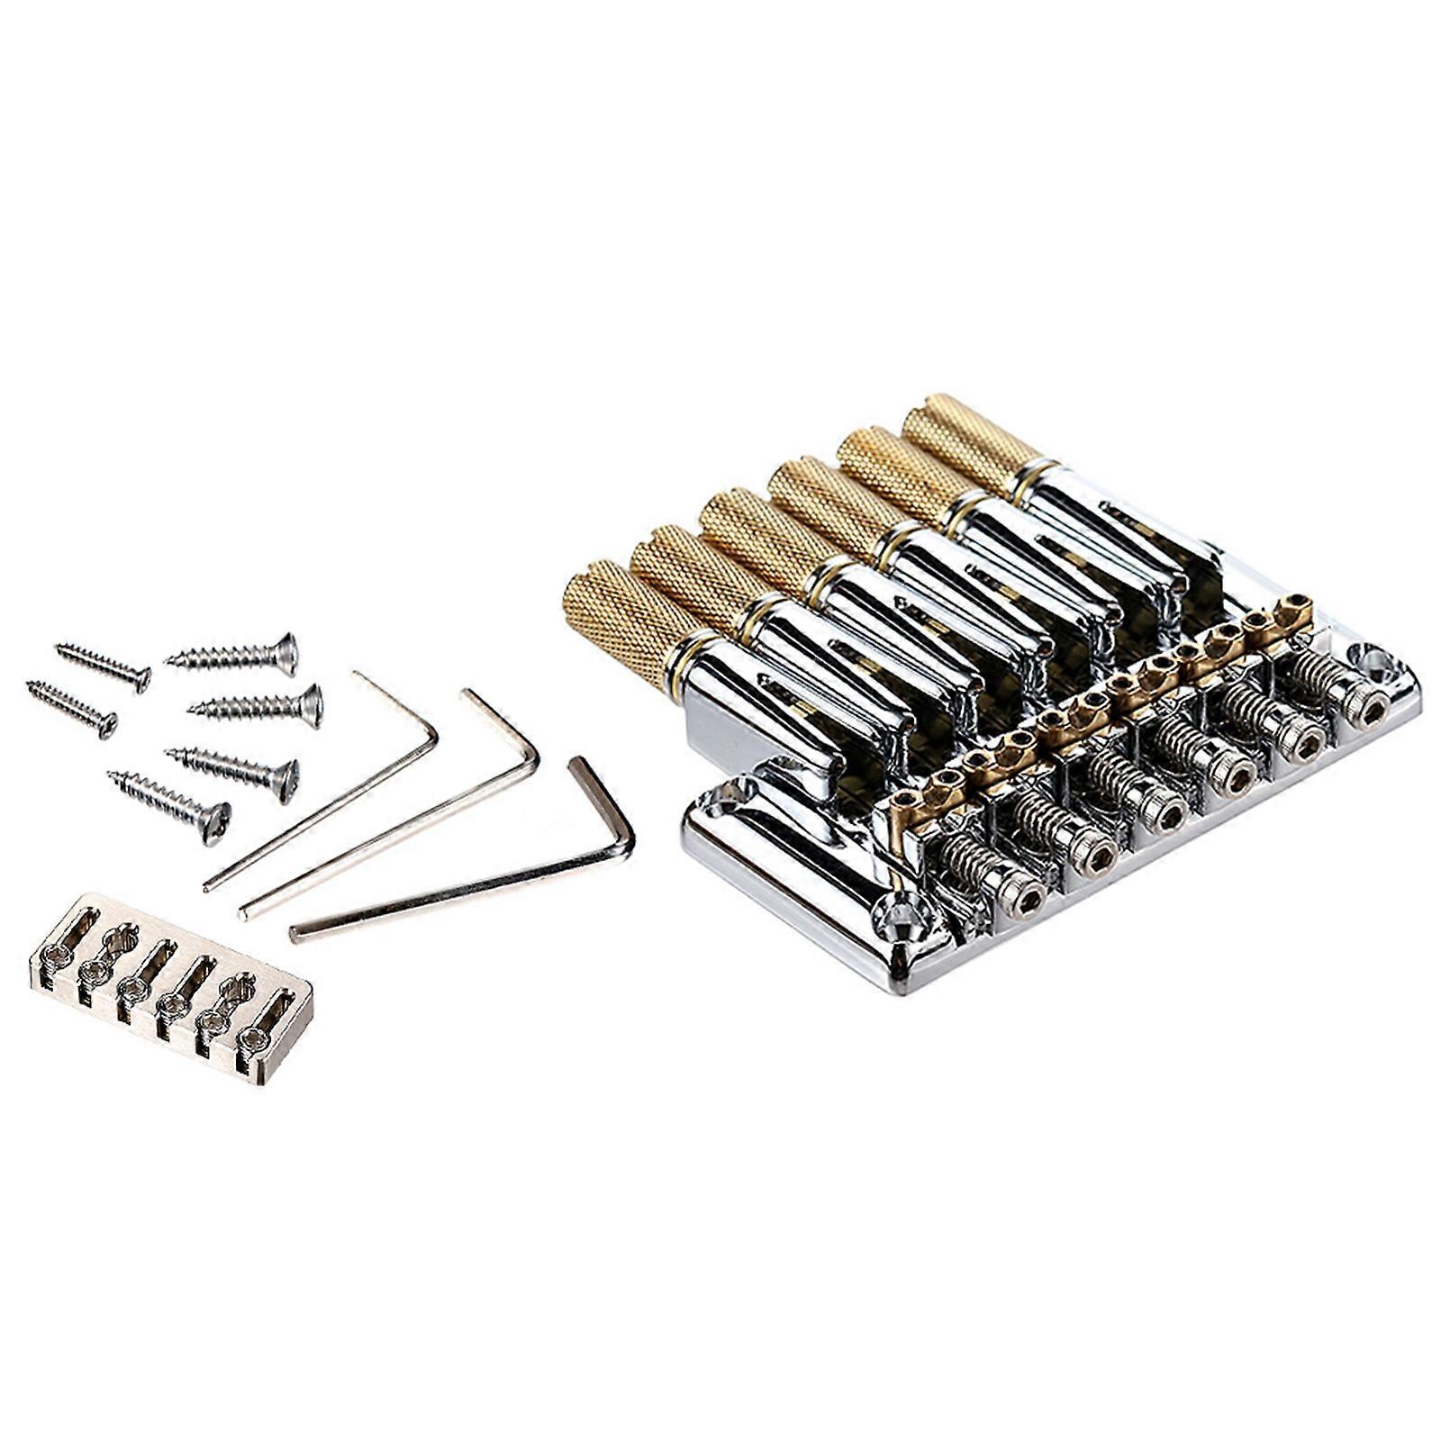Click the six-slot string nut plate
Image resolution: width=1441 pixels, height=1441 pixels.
tap(171, 987)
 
